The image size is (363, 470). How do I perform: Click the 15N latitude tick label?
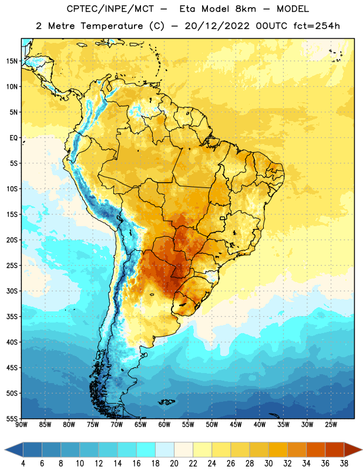pyautogui.click(x=12, y=61)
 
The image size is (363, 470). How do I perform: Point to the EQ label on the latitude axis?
pyautogui.click(x=14, y=138)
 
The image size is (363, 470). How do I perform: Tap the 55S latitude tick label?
pyautogui.click(x=12, y=419)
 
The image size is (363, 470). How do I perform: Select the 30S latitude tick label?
pyautogui.click(x=12, y=291)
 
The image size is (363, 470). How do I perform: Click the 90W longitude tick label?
pyautogui.click(x=21, y=425)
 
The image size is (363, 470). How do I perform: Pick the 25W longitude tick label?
pyautogui.click(x=331, y=425)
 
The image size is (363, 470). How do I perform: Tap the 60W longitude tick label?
pyautogui.click(x=164, y=425)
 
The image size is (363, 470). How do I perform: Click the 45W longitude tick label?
pyautogui.click(x=236, y=425)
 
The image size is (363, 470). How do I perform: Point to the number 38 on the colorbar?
pyautogui.click(x=344, y=464)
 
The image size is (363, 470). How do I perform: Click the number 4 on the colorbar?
pyautogui.click(x=23, y=464)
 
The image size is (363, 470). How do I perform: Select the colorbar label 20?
pyautogui.click(x=174, y=464)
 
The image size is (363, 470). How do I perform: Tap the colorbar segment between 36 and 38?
pyautogui.click(x=335, y=450)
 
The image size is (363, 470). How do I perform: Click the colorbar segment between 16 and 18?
pyautogui.click(x=146, y=450)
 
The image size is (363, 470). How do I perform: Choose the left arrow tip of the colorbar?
pyautogui.click(x=5, y=450)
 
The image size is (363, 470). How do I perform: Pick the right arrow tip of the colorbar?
pyautogui.click(x=362, y=450)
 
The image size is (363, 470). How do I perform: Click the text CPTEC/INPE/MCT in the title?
pyautogui.click(x=110, y=9)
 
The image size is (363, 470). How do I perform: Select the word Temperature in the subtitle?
pyautogui.click(x=112, y=26)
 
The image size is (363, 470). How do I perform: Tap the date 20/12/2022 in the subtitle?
pyautogui.click(x=217, y=26)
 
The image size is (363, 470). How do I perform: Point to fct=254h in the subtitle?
pyautogui.click(x=317, y=26)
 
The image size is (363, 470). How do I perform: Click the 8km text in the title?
pyautogui.click(x=246, y=9)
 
